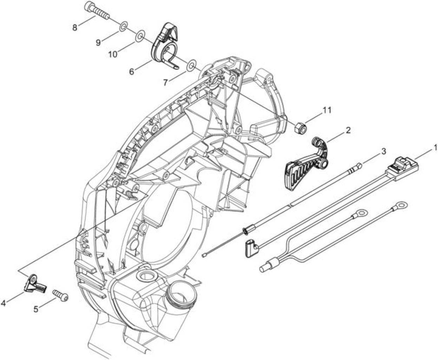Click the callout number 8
pyautogui.click(x=74, y=27)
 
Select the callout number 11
pyautogui.click(x=326, y=110)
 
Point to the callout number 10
pyautogui.click(x=113, y=54)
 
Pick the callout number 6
pyautogui.click(x=132, y=72)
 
